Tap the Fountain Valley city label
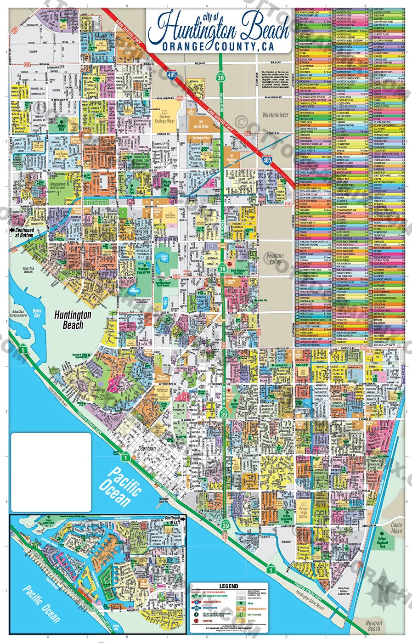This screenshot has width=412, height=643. pyautogui.click(x=275, y=259)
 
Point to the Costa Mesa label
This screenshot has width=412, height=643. pyautogui.click(x=396, y=528)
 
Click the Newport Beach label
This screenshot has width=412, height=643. pyautogui.click(x=374, y=626)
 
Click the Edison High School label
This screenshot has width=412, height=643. pyautogui.click(x=304, y=513)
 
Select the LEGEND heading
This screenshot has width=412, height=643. pyautogui.click(x=228, y=586)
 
